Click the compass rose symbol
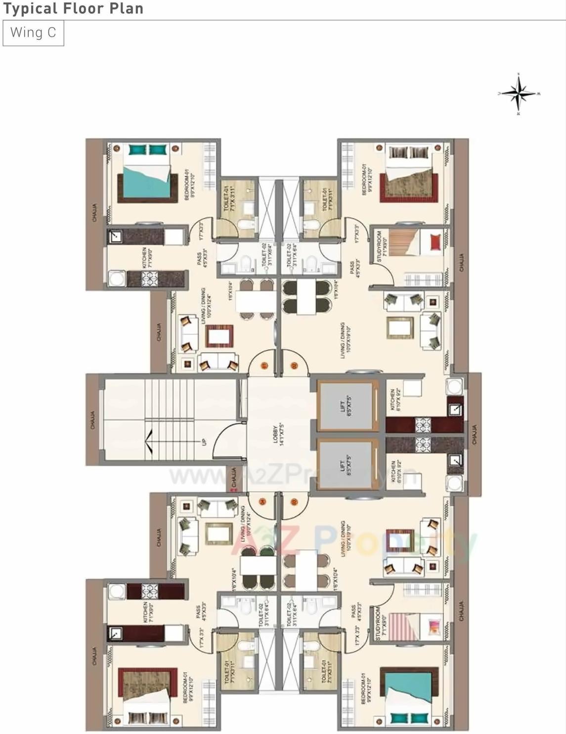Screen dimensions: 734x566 pos(518,93)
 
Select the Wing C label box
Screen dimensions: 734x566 pos(33,33)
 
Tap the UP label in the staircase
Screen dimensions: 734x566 pos(204,442)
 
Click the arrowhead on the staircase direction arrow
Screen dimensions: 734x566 pos(148,437)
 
